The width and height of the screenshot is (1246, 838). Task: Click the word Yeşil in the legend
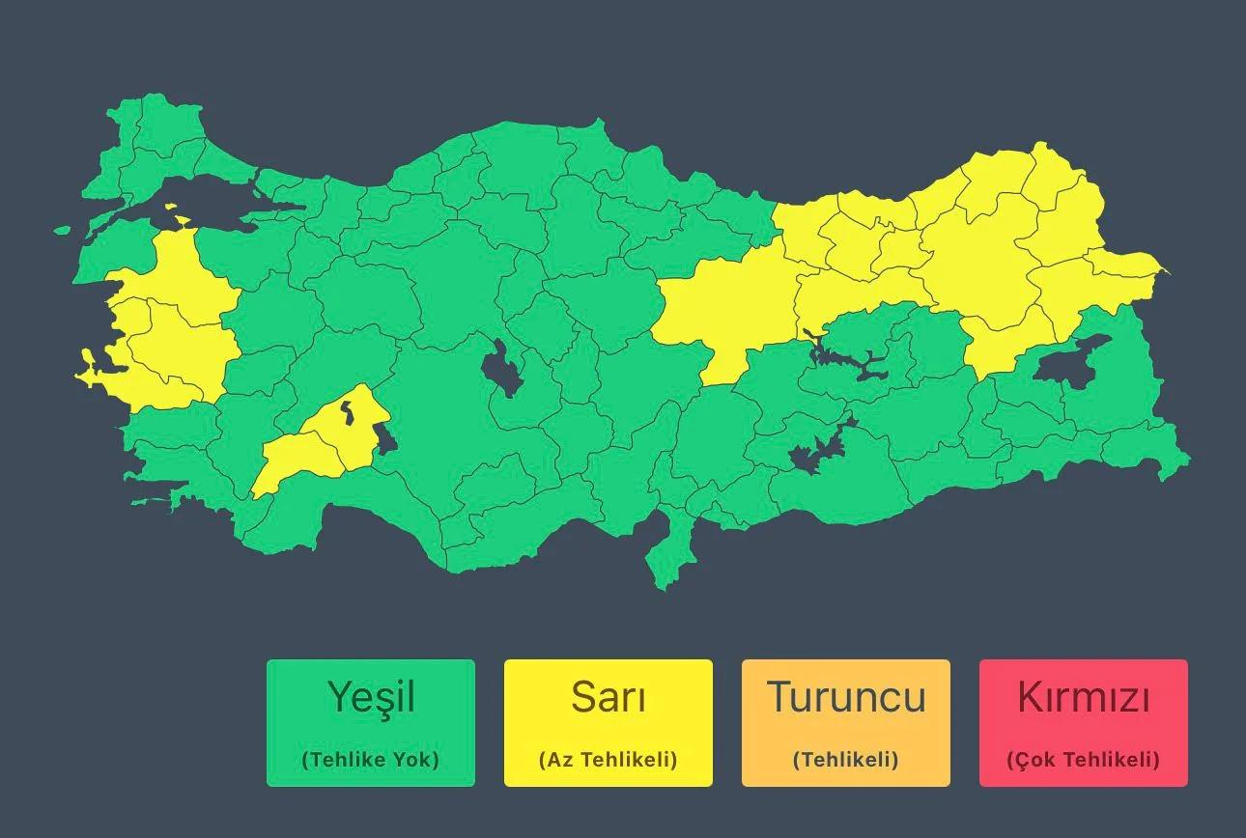click(x=371, y=697)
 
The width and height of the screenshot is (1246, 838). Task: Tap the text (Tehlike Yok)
click(x=371, y=760)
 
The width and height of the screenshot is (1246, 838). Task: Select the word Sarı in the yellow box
click(x=609, y=697)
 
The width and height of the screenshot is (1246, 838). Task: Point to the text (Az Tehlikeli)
click(x=609, y=760)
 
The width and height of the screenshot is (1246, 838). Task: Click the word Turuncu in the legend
click(x=846, y=697)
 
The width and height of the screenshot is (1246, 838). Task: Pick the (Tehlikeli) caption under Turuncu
click(x=846, y=760)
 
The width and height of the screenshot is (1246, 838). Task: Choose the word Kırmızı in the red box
click(x=1084, y=697)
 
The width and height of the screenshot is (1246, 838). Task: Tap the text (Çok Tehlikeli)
click(x=1084, y=760)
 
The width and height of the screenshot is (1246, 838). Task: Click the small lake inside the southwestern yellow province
click(x=346, y=413)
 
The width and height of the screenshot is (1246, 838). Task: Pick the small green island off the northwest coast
click(x=63, y=231)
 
